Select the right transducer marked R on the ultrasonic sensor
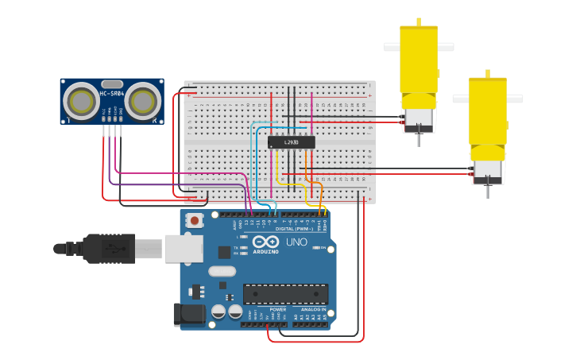tap(143, 101)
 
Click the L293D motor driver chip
tap(291, 142)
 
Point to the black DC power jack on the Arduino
tap(189, 314)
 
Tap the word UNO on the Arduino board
tap(296, 242)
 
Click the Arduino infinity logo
tap(266, 242)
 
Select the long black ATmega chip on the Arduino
tap(285, 293)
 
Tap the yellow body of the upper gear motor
tap(419, 60)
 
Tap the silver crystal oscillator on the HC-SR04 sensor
tap(112, 83)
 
